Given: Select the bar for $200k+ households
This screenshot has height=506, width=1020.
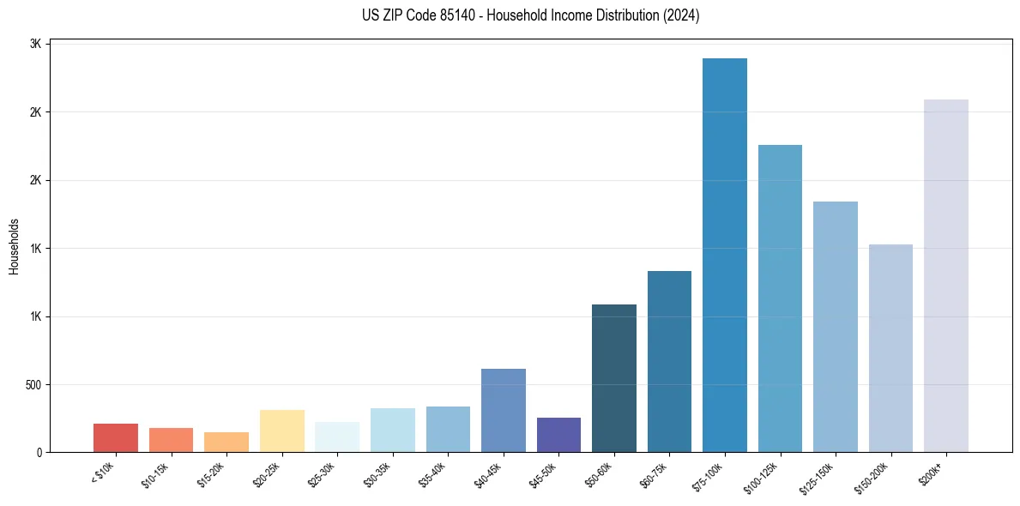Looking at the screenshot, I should (946, 275).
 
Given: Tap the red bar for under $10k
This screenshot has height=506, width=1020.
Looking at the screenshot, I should (116, 437).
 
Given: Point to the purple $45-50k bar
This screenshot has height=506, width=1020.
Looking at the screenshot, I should (558, 435).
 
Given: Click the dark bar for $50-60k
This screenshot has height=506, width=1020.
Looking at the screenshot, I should (614, 378).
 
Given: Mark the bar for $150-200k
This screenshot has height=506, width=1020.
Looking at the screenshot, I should (890, 348).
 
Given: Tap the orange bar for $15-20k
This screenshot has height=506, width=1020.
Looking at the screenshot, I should (226, 442).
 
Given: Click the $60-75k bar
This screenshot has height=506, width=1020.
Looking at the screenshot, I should (669, 361).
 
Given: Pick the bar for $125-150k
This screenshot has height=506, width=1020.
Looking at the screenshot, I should (836, 327).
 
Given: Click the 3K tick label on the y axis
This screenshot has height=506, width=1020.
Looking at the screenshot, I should (37, 44).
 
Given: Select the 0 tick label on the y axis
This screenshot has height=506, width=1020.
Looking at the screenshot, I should (39, 452).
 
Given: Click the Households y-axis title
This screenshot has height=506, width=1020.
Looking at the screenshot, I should (15, 246).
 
